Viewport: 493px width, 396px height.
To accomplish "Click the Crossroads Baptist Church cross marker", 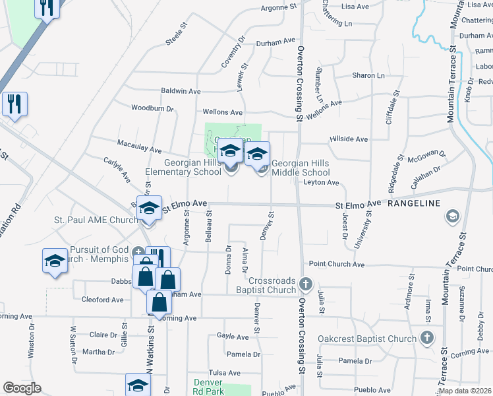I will tap(305, 284).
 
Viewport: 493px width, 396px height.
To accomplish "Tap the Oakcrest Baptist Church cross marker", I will tap(426, 339).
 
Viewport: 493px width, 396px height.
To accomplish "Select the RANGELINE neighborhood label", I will tap(413, 203).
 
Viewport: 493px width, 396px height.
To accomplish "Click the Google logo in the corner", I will tap(22, 388).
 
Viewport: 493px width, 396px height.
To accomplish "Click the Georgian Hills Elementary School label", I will tap(183, 168).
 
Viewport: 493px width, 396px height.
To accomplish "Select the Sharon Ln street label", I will tap(368, 76).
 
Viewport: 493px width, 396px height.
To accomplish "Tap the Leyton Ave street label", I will tap(321, 182).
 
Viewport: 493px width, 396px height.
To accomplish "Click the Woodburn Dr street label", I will tap(152, 108).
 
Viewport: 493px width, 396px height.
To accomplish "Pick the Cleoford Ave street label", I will tap(102, 300).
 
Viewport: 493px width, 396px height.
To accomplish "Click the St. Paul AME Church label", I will tap(96, 220).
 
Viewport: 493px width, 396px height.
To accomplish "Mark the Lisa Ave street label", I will tap(356, 6).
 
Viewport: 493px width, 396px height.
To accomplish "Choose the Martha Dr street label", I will tap(98, 352).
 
